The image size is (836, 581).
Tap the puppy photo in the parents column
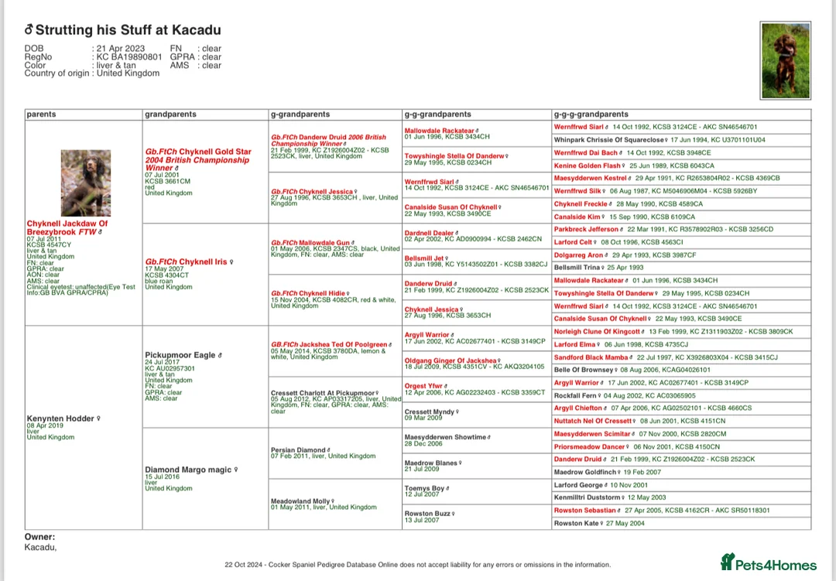[87, 183]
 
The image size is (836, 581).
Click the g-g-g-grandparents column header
[591, 114]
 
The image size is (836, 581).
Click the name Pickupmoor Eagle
[180, 355]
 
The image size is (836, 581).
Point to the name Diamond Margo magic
[187, 470]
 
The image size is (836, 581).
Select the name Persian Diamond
[298, 449]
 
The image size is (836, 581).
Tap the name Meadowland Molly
[300, 501]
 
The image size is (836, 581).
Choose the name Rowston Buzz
[427, 514]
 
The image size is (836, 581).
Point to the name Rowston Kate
[577, 524]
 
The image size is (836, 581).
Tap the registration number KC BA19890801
[128, 57]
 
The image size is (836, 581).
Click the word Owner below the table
[39, 537]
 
